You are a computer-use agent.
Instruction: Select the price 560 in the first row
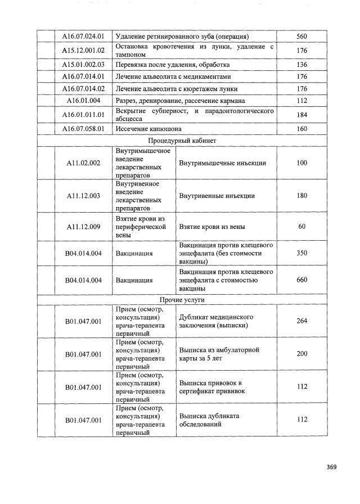click(x=301, y=37)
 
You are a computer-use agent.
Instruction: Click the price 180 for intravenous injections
click(x=301, y=196)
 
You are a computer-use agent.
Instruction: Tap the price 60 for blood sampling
click(x=301, y=227)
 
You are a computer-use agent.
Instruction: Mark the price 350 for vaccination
click(x=301, y=253)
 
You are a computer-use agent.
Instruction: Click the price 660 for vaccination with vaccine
click(x=301, y=280)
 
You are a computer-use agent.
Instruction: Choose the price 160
click(x=301, y=129)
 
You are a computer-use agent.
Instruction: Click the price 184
click(x=301, y=115)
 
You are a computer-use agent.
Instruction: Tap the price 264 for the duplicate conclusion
click(x=301, y=321)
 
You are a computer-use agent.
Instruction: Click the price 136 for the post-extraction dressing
click(x=301, y=65)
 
